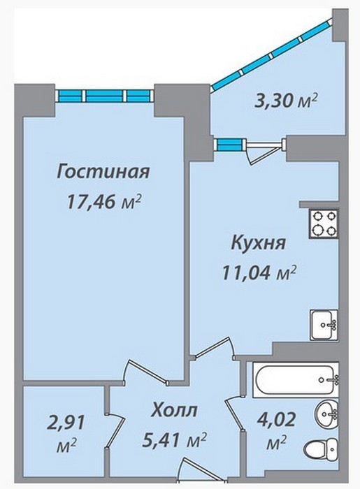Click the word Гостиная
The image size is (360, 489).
[x=103, y=172]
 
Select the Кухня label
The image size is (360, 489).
[x=259, y=243]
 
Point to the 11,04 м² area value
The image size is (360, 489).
[x=259, y=273]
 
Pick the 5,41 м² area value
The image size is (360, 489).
[x=174, y=439]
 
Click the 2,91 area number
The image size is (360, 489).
[x=66, y=423]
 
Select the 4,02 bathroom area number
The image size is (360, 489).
[x=276, y=420]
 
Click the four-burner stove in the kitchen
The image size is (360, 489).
[x=324, y=224]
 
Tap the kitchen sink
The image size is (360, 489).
[x=324, y=325]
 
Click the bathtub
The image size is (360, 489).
[x=296, y=380]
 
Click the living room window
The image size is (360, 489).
[x=104, y=96]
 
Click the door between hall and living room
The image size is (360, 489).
[x=145, y=372]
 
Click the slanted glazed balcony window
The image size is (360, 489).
[x=271, y=55]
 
